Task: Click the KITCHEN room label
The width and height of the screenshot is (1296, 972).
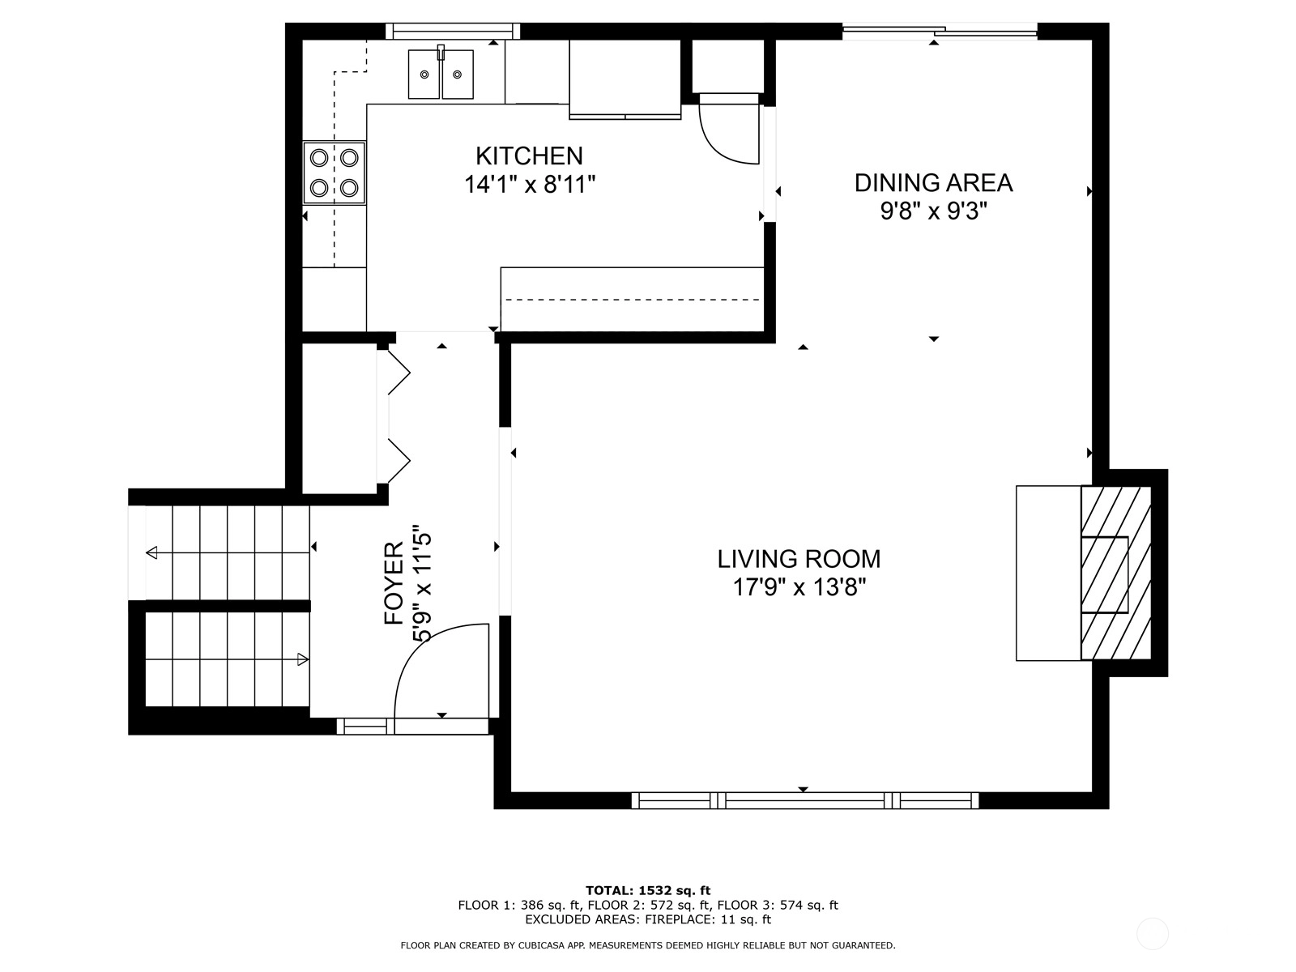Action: pyautogui.click(x=529, y=156)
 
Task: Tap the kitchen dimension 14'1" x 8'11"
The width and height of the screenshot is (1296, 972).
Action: pyautogui.click(x=529, y=185)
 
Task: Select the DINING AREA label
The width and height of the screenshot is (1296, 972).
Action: pyautogui.click(x=933, y=183)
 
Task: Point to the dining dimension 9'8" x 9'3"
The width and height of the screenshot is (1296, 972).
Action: pyautogui.click(x=933, y=211)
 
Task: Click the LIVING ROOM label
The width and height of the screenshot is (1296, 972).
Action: pyautogui.click(x=799, y=559)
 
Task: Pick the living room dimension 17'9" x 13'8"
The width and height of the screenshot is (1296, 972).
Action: pyautogui.click(x=799, y=587)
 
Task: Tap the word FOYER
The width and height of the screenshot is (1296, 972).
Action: pyautogui.click(x=394, y=583)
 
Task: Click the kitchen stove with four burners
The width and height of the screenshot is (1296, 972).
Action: pyautogui.click(x=335, y=173)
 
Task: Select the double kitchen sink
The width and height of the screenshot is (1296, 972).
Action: pyautogui.click(x=441, y=74)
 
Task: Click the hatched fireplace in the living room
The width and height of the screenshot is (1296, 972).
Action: pyautogui.click(x=1116, y=573)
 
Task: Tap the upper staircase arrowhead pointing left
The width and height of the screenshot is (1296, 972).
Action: pyautogui.click(x=151, y=553)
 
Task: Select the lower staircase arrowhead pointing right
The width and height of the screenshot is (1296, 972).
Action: pyautogui.click(x=303, y=659)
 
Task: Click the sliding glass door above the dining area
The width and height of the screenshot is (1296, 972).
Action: pyautogui.click(x=940, y=32)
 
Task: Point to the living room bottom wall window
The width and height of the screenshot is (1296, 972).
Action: pyautogui.click(x=805, y=800)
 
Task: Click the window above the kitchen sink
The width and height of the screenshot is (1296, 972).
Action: pyautogui.click(x=453, y=32)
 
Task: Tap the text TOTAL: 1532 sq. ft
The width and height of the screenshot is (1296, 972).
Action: pyautogui.click(x=648, y=890)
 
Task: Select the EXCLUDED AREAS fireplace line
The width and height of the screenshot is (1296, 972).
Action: pyautogui.click(x=648, y=919)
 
